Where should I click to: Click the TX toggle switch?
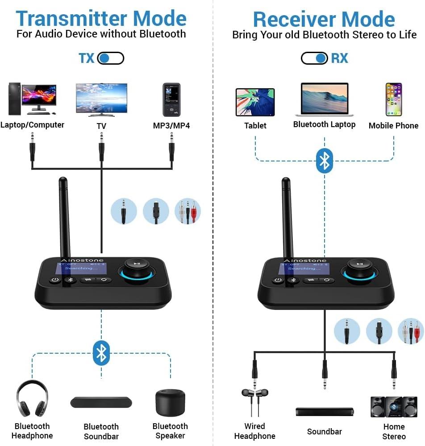point(110,58)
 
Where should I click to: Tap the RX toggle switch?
point(314,58)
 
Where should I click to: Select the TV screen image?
point(101,99)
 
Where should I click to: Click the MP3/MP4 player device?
point(171,99)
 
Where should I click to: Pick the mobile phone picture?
point(393,99)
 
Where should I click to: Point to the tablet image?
point(255,102)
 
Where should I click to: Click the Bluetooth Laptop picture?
point(324,99)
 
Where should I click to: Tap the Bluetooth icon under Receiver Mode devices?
point(325,161)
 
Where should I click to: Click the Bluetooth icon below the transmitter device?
point(101,353)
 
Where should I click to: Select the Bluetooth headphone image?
point(32,399)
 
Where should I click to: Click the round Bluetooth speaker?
point(170,402)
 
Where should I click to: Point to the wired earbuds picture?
point(255,400)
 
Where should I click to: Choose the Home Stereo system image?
point(394,406)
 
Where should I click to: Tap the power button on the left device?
point(54,280)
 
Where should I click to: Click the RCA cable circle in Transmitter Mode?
point(187,211)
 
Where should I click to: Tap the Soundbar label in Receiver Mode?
point(324,431)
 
